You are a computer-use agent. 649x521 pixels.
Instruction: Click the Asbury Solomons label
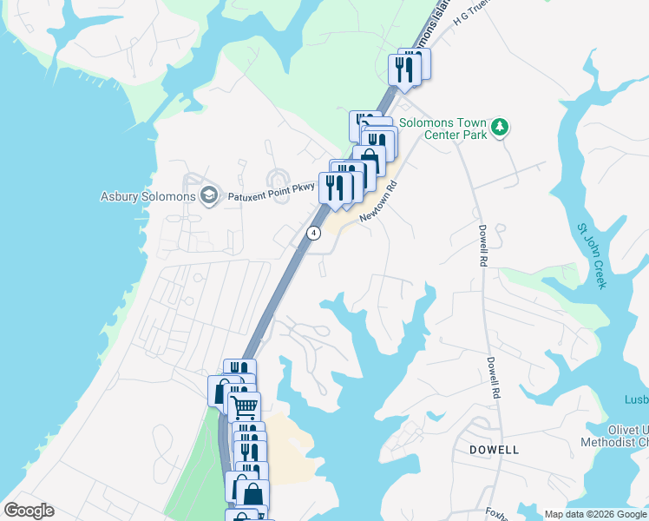(147, 196)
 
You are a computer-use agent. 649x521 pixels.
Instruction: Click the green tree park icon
(499, 129)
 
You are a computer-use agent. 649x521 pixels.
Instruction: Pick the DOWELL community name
(494, 450)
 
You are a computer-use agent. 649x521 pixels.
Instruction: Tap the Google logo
(28, 511)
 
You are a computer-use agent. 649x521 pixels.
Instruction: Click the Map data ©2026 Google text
(595, 514)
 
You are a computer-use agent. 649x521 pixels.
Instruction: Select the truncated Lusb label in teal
(636, 399)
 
